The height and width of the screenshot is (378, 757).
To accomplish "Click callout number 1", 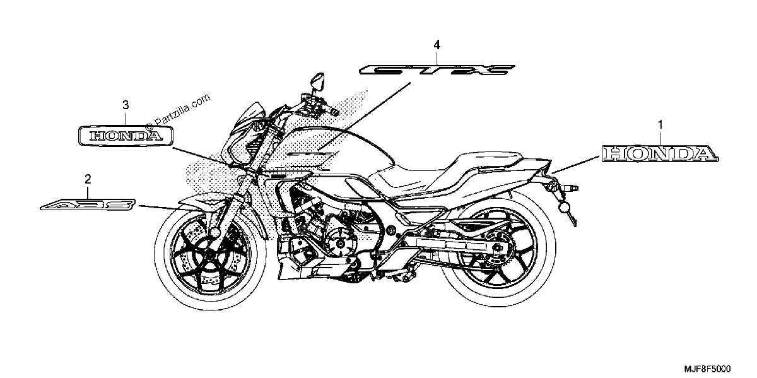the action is tap(660, 126).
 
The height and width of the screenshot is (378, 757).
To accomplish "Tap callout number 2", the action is tap(88, 179).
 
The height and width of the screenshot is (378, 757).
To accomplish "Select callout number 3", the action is tap(126, 105).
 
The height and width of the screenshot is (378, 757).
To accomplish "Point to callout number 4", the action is tap(437, 45).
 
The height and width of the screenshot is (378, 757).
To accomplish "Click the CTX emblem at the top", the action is tap(437, 70).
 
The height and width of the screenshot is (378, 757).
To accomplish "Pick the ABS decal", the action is tap(88, 204).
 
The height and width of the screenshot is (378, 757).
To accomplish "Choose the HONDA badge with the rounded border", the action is tap(126, 136).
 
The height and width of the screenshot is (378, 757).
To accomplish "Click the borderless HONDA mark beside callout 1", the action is tap(660, 154).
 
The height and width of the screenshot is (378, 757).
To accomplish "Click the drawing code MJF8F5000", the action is tap(708, 369).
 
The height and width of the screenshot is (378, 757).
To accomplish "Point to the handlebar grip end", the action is tap(334, 112).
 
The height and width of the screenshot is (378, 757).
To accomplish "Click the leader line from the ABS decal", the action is tap(159, 208).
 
